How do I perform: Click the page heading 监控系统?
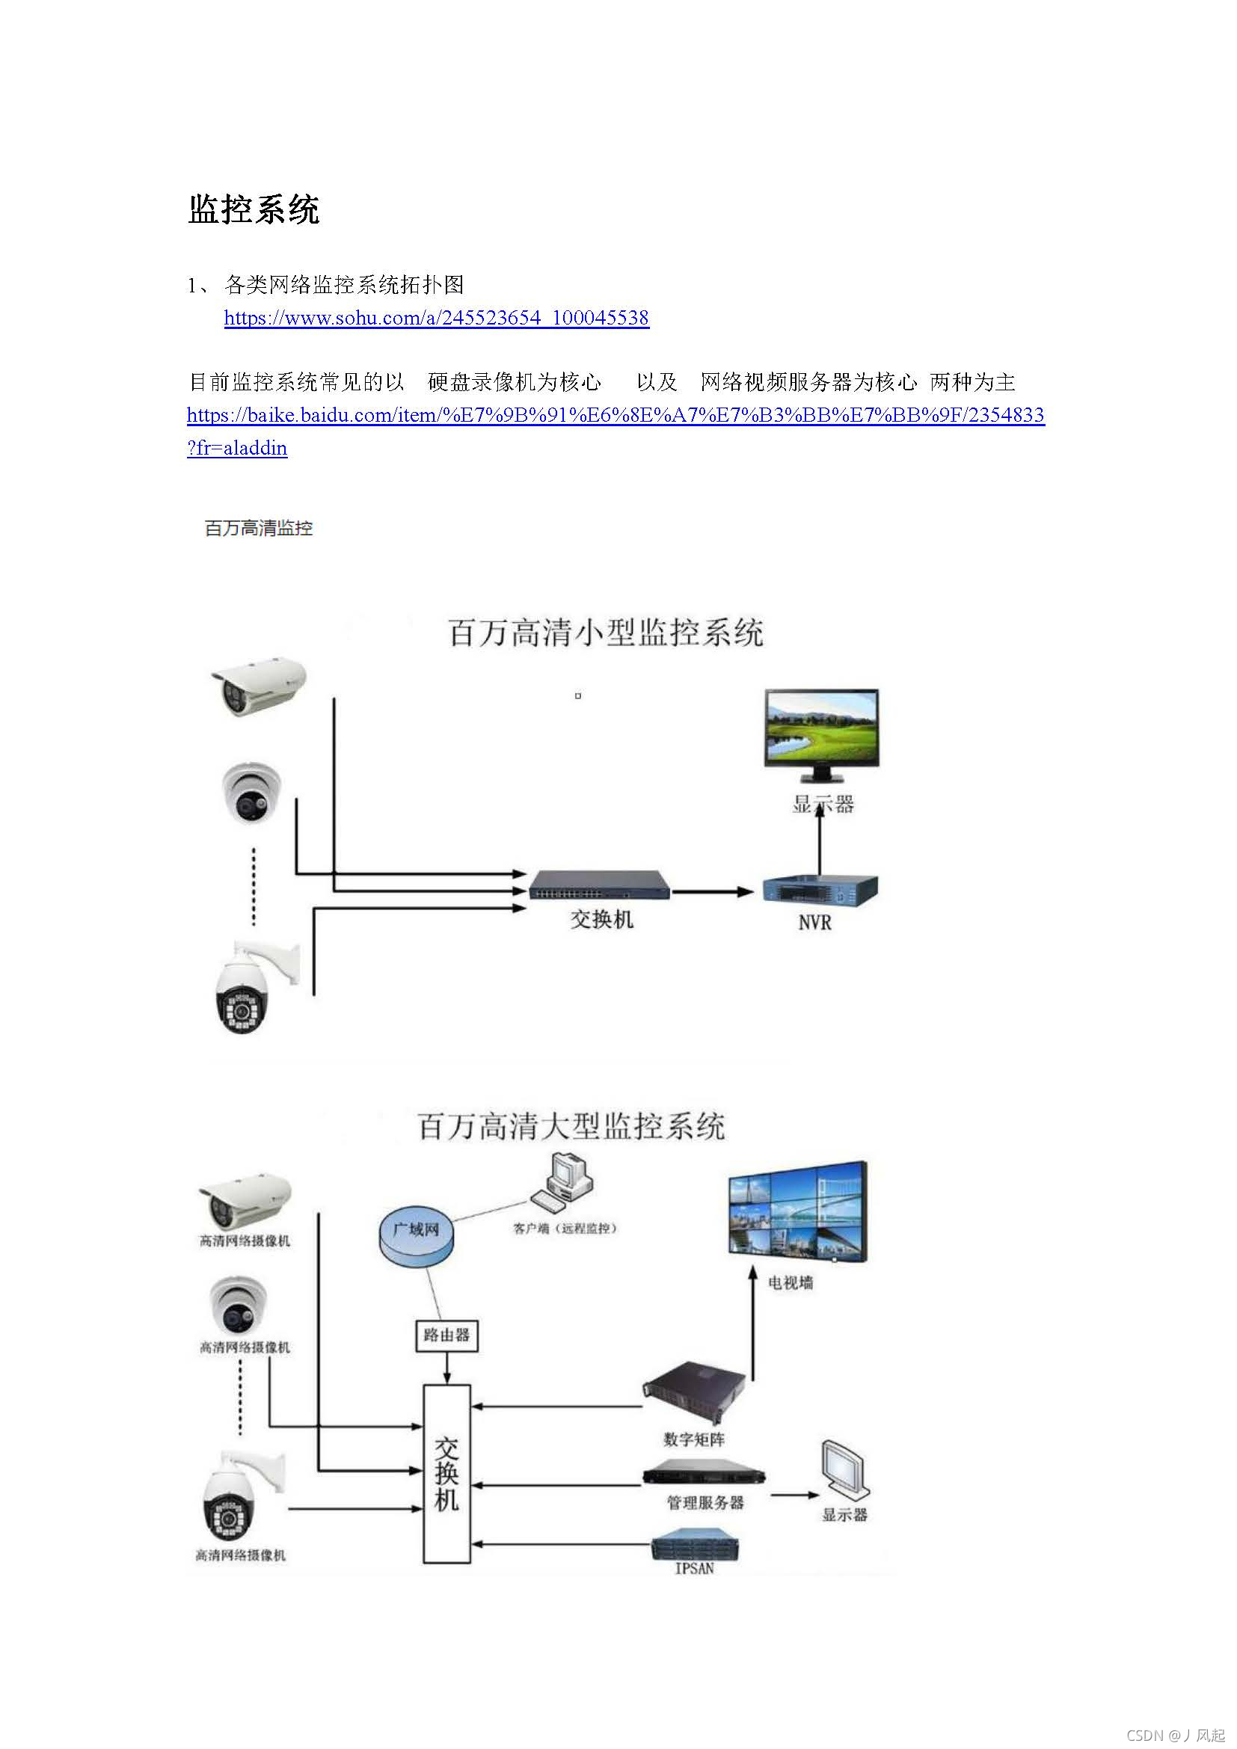(253, 209)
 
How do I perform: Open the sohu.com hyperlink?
(436, 318)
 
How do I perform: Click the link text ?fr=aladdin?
(237, 448)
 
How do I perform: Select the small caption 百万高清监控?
(258, 528)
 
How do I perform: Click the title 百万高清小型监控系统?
(606, 633)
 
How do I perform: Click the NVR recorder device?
(820, 891)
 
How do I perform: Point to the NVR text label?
(814, 923)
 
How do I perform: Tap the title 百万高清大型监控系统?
(571, 1126)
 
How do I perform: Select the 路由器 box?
(446, 1335)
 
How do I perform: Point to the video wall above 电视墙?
(797, 1213)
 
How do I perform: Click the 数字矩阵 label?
(694, 1439)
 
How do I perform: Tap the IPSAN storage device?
(695, 1546)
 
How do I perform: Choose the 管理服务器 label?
(705, 1502)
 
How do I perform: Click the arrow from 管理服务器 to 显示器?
(794, 1495)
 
